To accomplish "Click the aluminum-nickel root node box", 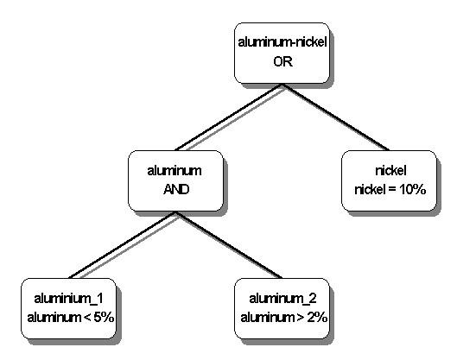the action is (x=282, y=53).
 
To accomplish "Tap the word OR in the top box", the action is (x=282, y=61).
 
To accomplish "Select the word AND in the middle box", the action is (x=176, y=190).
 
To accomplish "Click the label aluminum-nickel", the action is (x=282, y=42).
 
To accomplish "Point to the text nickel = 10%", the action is (x=390, y=190).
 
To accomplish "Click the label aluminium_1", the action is (x=68, y=299).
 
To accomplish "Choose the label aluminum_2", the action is (x=282, y=299).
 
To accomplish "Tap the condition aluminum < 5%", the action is (x=71, y=317).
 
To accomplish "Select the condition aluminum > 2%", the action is (x=284, y=317).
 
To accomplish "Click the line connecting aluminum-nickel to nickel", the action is (x=335, y=117).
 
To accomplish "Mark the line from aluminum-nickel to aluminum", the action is (x=228, y=117).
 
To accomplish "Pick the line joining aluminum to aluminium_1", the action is (x=122, y=245).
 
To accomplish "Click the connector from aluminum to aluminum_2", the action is (x=229, y=245).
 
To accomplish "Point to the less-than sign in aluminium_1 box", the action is (x=87, y=318).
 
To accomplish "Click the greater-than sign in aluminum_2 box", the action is (x=301, y=318).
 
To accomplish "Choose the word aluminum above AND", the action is (x=175, y=171).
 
